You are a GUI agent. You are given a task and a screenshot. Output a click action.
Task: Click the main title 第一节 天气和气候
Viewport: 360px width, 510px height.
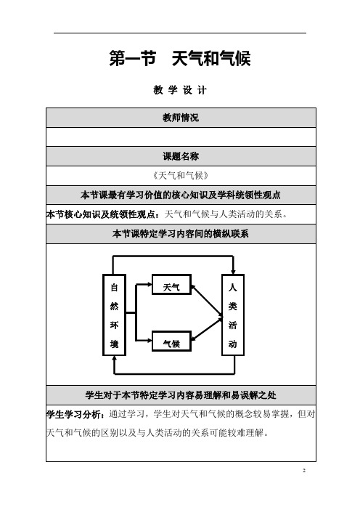coord(180,59)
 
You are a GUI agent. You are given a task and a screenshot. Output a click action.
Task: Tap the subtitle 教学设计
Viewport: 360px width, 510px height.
coord(180,90)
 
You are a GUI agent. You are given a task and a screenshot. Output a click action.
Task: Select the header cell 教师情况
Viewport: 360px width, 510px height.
coord(181,118)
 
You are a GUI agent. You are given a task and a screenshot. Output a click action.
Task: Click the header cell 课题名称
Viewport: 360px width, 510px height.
coord(181,156)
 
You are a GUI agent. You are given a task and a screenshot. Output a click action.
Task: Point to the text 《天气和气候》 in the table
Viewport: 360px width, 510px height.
coord(181,176)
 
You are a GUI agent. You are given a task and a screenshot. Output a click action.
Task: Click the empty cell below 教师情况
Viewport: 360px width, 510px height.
coord(181,137)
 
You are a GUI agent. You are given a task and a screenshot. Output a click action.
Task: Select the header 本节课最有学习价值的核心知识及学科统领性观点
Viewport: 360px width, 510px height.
coord(181,195)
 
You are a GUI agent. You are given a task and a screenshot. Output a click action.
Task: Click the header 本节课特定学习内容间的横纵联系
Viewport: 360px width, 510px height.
coord(181,233)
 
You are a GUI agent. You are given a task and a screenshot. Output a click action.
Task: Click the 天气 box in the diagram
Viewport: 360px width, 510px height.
coord(171,285)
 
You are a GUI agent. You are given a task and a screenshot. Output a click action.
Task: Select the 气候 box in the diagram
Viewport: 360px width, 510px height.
coord(171,341)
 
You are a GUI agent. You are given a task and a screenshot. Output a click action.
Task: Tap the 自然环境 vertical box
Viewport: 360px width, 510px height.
coord(115,315)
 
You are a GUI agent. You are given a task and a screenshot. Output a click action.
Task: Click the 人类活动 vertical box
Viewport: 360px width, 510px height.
coord(233,315)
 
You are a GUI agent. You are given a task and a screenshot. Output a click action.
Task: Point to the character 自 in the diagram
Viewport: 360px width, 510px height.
coord(115,288)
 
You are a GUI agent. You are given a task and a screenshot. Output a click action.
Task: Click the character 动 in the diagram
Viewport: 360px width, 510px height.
coord(233,344)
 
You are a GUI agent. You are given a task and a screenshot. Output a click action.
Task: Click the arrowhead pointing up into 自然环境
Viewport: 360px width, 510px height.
coord(114,359)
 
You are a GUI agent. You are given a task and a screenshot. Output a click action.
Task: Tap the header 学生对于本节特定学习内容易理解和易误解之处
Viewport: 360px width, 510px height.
coord(181,395)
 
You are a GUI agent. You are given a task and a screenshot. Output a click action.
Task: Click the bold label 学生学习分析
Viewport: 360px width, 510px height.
coord(75,414)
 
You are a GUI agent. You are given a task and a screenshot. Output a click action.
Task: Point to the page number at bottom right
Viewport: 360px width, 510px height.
coord(304,470)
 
